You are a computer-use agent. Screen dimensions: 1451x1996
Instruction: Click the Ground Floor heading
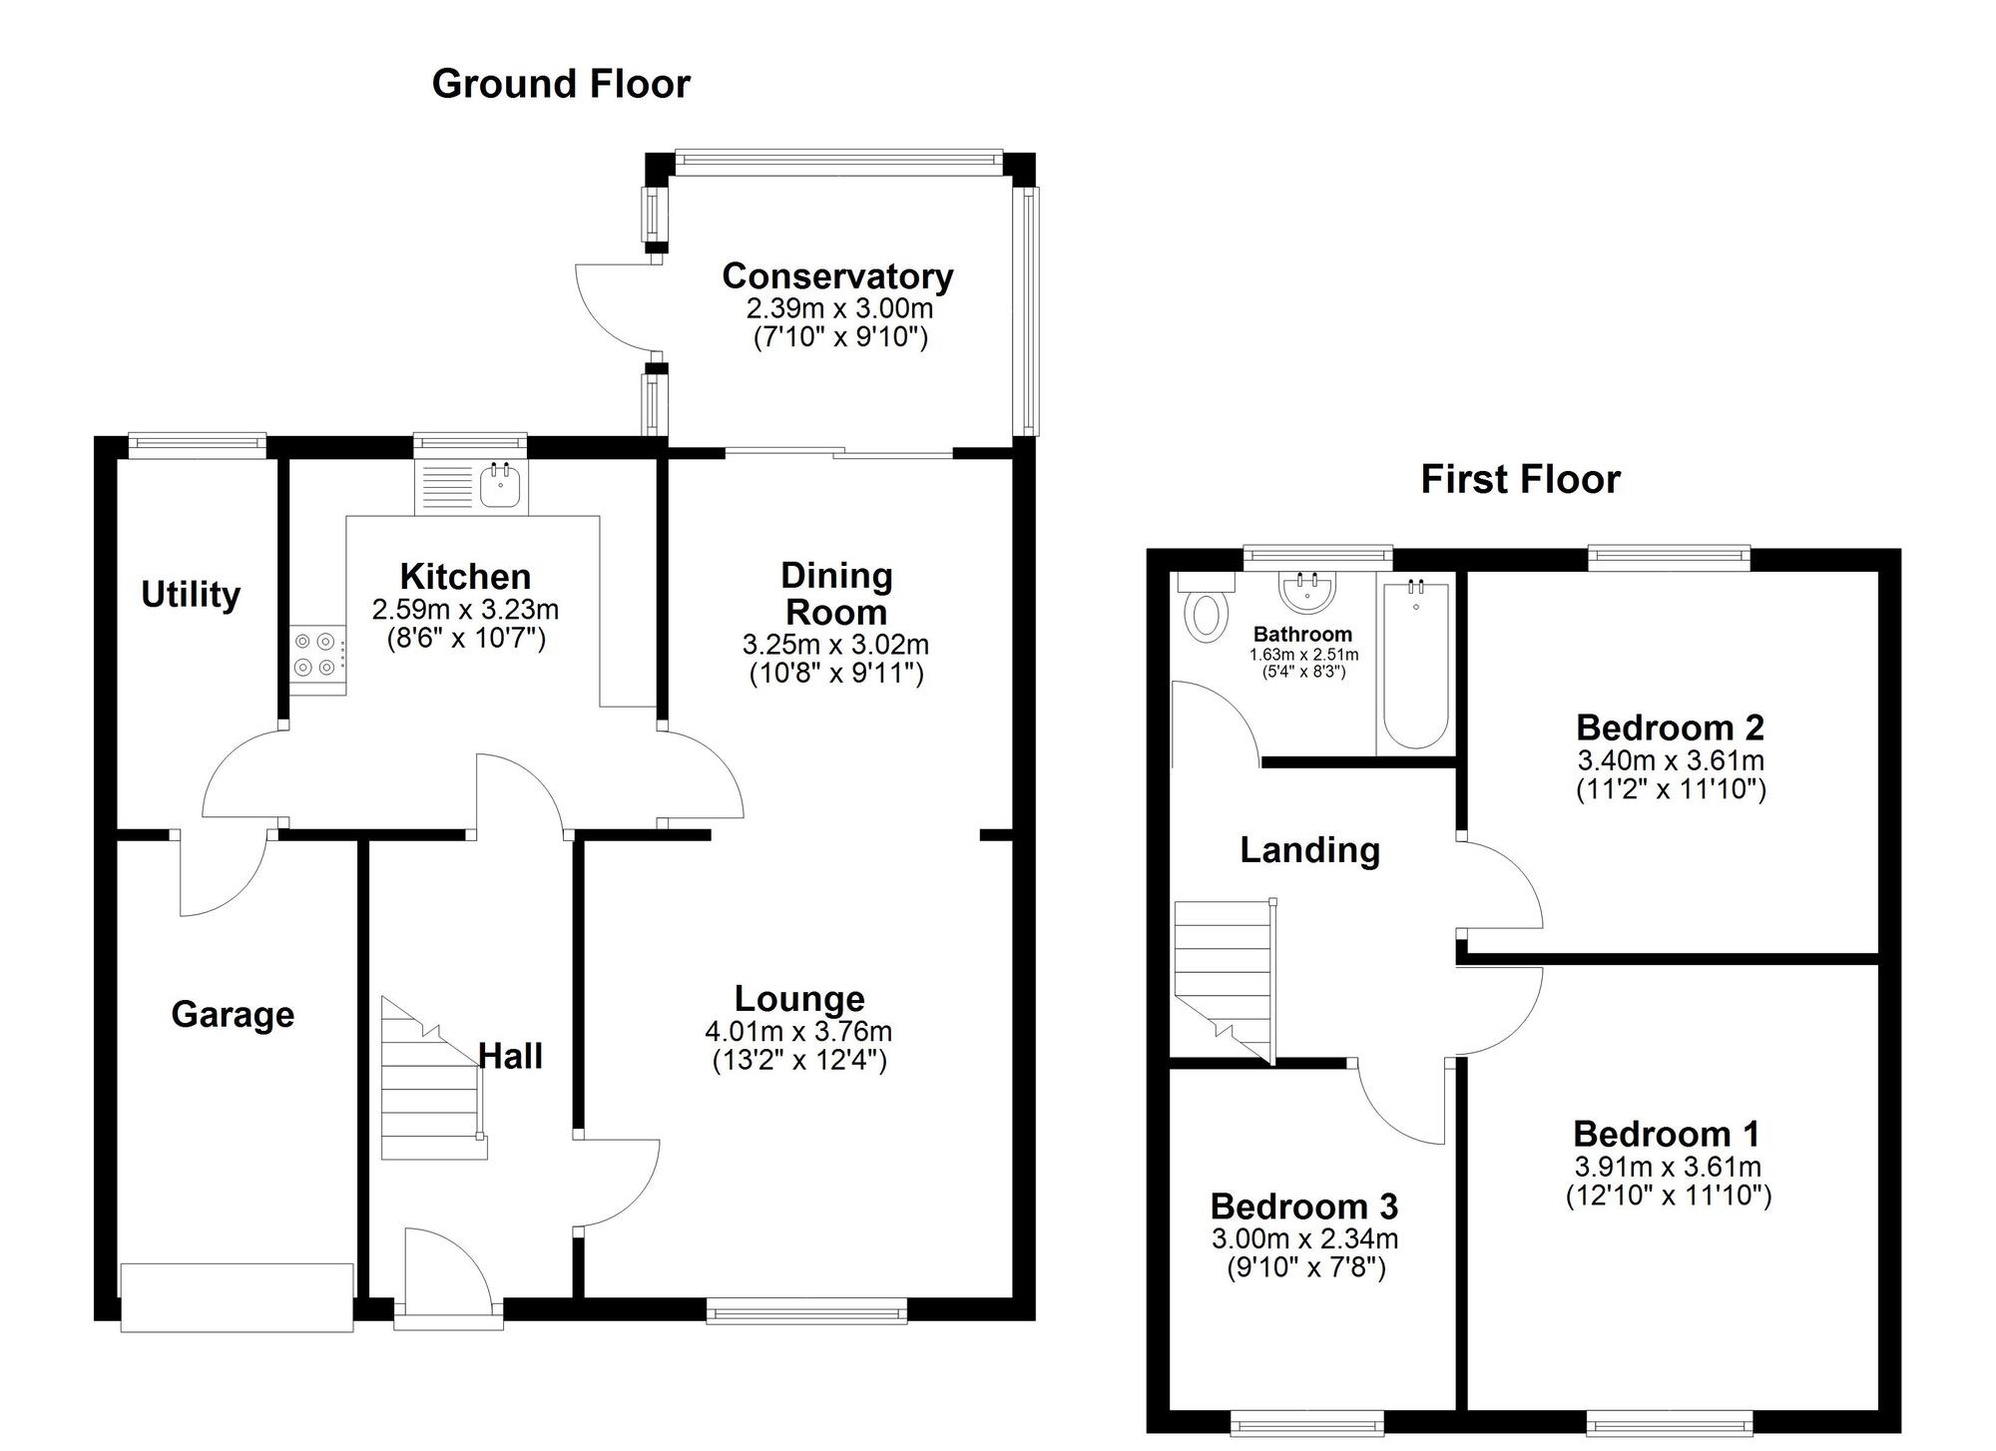560,84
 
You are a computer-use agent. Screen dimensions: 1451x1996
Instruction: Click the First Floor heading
1519,479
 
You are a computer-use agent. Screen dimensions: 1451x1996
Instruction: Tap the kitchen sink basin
499,488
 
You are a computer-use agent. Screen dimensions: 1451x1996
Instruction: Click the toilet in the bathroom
1205,613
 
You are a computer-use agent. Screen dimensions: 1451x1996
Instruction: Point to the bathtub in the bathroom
1415,667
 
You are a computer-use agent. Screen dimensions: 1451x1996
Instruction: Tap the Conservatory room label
837,275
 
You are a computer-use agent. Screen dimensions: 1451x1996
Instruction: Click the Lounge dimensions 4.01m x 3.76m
798,1031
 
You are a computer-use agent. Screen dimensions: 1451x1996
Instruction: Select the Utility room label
190,594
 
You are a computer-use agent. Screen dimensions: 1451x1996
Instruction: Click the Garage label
233,1014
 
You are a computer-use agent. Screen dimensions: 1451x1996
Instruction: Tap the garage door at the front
237,1296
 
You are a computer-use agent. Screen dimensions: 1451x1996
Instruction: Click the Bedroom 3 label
1303,1206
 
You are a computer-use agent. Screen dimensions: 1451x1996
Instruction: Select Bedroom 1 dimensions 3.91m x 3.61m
1668,1166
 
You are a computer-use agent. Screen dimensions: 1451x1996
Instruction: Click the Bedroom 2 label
1670,727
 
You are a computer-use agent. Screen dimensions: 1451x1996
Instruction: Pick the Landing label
1309,849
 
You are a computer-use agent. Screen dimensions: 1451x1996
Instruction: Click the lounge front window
806,1310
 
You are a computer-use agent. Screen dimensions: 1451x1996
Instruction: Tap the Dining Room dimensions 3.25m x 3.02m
835,644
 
